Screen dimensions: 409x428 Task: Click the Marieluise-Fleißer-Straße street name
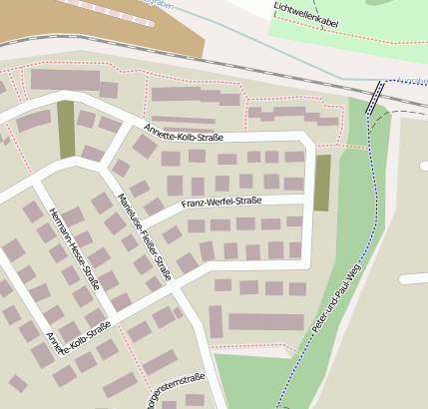click(x=144, y=235)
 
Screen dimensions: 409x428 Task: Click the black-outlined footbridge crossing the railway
click(x=376, y=98)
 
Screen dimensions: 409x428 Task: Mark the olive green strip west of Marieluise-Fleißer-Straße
click(x=66, y=129)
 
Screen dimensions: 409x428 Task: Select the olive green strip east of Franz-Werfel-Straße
click(x=322, y=183)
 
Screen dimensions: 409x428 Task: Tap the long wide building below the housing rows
click(x=265, y=321)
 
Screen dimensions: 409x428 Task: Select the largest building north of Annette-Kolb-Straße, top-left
click(x=65, y=80)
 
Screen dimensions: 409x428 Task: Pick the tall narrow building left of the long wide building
click(x=215, y=321)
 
